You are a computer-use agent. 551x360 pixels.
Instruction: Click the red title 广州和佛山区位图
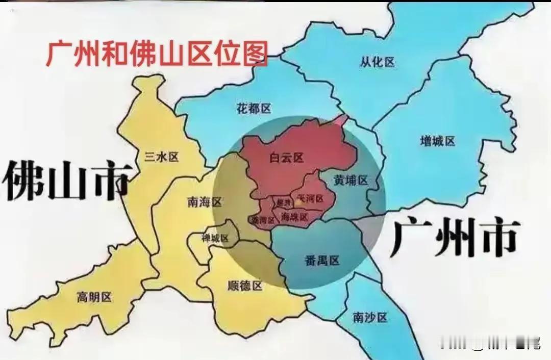pos(157,54)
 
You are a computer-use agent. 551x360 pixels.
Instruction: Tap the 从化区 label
pos(378,63)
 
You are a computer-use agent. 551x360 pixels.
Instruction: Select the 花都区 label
pos(254,109)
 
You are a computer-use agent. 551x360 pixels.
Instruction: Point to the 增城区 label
pos(437,141)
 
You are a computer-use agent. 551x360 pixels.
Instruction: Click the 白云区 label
pos(286,158)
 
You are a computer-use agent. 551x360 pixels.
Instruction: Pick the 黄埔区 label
pos(351,181)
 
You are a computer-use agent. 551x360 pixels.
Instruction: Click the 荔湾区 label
pos(263,220)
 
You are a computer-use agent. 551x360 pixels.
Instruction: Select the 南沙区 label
pos(370,318)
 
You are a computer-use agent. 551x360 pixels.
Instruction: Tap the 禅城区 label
pos(215,238)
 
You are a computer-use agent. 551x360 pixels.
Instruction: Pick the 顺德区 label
pos(245,286)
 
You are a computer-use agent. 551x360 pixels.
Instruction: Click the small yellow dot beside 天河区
pos(297,202)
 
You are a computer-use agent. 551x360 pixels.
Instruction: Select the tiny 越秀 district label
pos(282,203)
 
